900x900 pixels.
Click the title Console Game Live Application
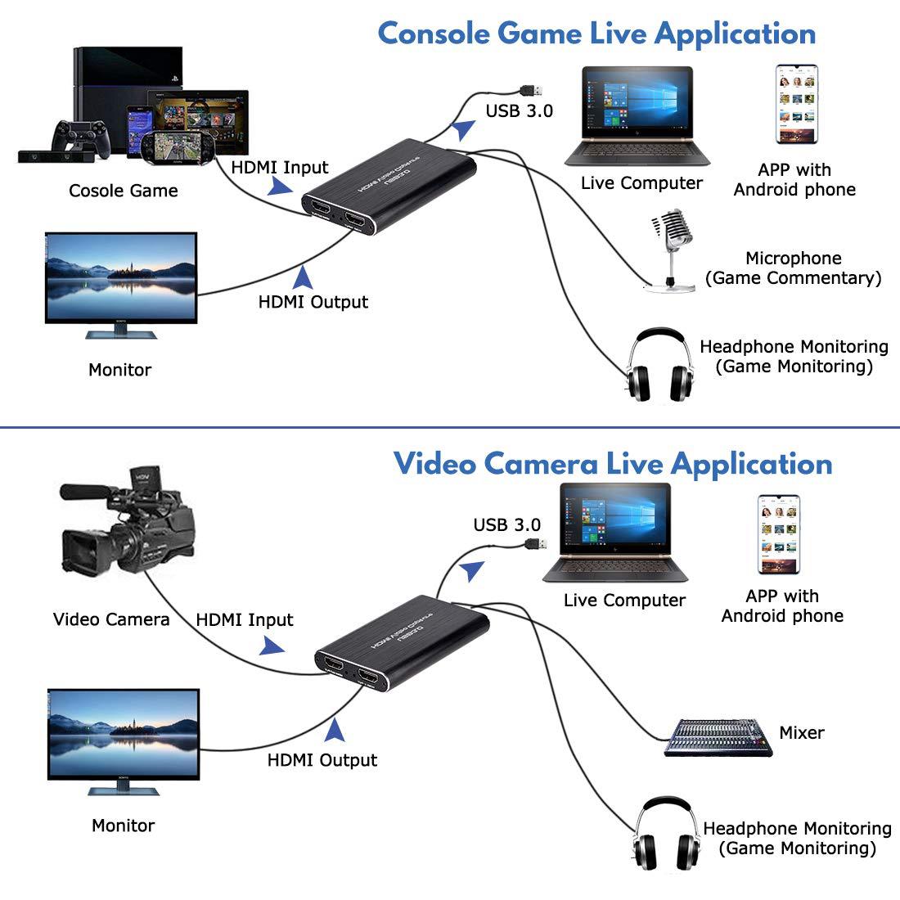pyautogui.click(x=596, y=34)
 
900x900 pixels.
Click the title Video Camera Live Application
pyautogui.click(x=613, y=463)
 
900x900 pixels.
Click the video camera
pyautogui.click(x=131, y=524)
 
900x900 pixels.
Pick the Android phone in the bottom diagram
pyautogui.click(x=777, y=534)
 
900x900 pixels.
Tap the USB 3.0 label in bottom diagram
pyautogui.click(x=506, y=524)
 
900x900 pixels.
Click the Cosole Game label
pyautogui.click(x=123, y=191)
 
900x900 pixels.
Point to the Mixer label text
pyautogui.click(x=801, y=732)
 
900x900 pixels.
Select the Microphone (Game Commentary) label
pyautogui.click(x=793, y=268)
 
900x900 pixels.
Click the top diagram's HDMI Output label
pyautogui.click(x=313, y=302)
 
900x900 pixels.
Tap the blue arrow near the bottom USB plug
pyautogui.click(x=471, y=570)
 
